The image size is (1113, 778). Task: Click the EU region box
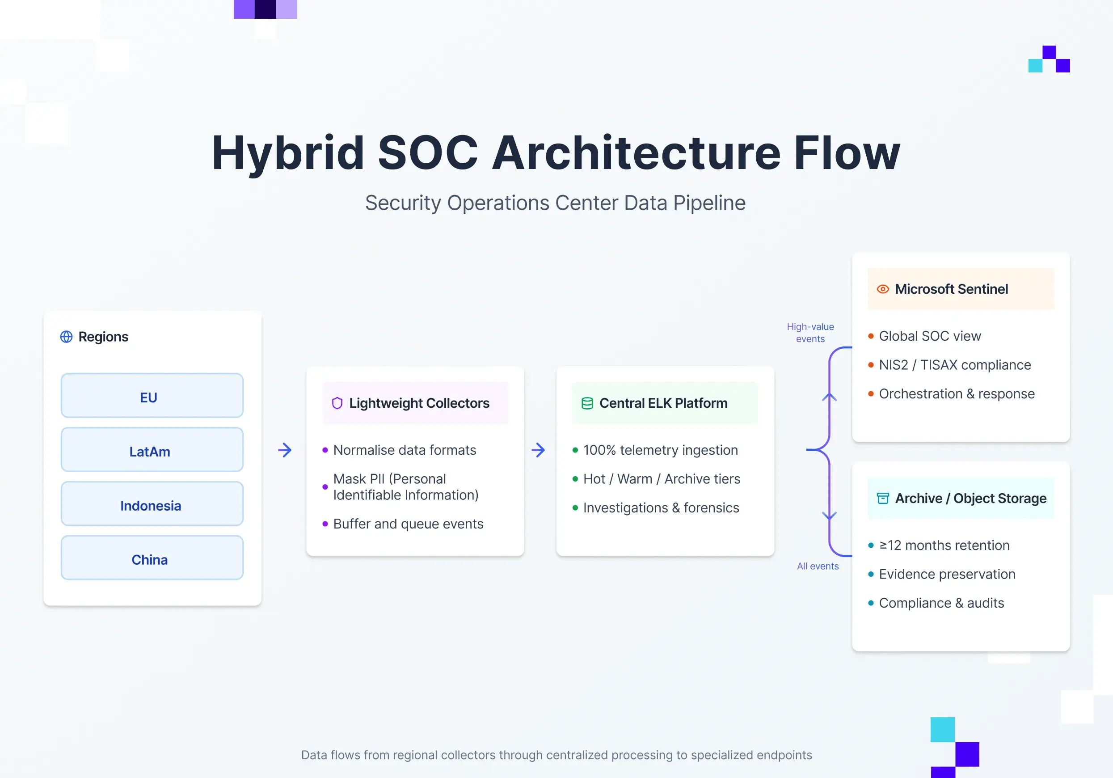pos(152,396)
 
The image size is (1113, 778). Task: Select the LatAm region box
pos(152,450)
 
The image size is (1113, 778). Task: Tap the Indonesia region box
pos(152,504)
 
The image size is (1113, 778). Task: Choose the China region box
pos(152,558)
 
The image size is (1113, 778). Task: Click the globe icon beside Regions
pos(67,337)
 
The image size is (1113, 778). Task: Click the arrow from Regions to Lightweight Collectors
pos(285,450)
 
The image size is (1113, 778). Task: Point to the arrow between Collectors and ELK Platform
pos(538,450)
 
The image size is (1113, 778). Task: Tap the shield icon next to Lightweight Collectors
pos(337,403)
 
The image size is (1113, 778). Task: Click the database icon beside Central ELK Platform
pos(587,403)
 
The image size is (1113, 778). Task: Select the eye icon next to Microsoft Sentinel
pos(883,289)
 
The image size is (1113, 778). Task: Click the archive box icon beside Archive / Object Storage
pos(883,498)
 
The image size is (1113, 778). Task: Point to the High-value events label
pos(810,333)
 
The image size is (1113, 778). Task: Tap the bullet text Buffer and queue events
pos(408,524)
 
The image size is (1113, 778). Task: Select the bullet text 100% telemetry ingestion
pos(660,450)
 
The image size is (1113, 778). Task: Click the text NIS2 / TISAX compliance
pos(954,365)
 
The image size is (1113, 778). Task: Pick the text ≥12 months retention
pos(944,545)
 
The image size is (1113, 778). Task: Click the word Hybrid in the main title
pos(288,153)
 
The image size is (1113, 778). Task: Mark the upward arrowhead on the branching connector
pos(830,397)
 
